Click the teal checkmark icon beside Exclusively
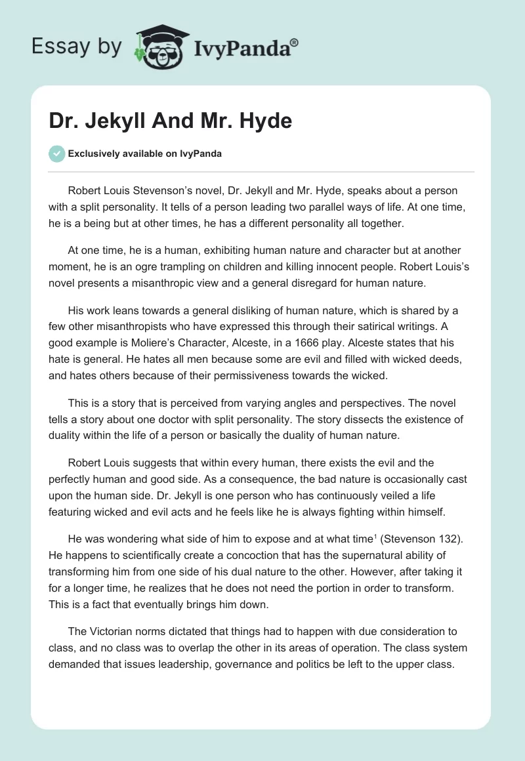pyautogui.click(x=56, y=154)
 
